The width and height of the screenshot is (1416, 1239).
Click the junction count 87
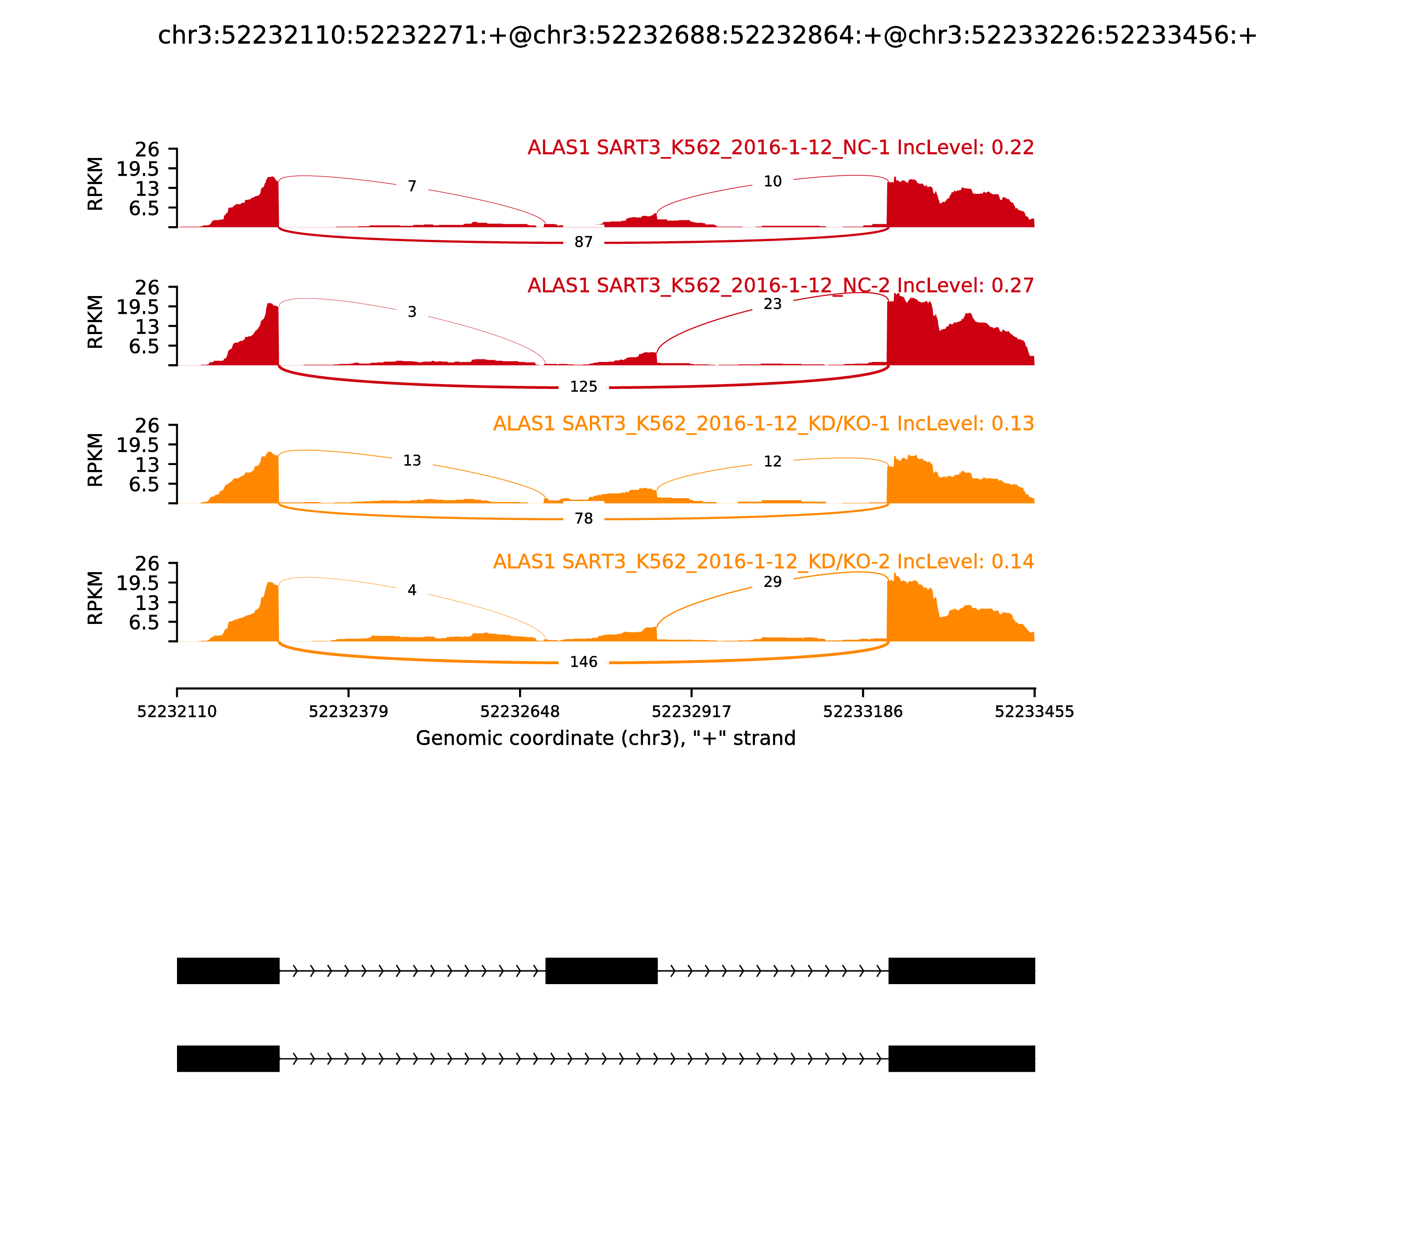point(584,242)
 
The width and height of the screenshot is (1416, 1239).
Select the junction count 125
point(584,386)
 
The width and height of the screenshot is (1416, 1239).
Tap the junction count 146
point(584,662)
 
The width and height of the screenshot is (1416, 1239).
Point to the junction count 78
point(584,519)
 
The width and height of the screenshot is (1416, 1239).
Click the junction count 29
point(772,582)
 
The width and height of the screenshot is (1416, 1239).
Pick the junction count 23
point(772,304)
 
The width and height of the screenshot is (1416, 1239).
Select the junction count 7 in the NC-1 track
point(412,187)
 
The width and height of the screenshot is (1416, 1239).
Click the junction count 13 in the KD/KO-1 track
point(412,461)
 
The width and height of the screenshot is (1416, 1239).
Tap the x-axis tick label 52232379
point(349,712)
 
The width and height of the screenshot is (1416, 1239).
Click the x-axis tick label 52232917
point(691,712)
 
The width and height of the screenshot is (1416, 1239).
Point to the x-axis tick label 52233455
point(1034,712)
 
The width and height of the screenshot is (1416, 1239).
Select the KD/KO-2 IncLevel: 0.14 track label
point(763,562)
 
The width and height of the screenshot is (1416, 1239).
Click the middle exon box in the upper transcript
point(601,971)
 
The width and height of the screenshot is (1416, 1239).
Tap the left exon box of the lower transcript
point(228,1058)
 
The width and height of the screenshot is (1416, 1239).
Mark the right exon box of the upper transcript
point(961,971)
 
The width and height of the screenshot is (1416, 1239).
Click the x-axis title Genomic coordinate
point(606,739)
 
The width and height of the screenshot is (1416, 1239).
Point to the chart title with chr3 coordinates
point(707,35)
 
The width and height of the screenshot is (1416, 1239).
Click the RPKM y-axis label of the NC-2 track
point(96,322)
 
